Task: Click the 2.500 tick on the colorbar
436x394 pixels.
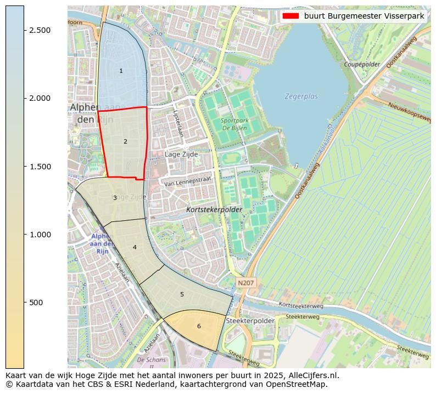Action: [x=41, y=30]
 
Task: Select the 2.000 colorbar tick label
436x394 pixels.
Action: [x=41, y=98]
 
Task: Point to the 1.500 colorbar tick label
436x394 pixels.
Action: [x=41, y=167]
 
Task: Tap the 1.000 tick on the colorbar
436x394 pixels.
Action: [x=41, y=235]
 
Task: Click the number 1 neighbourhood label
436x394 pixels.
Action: [x=121, y=71]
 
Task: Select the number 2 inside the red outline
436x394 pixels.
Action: [x=125, y=141]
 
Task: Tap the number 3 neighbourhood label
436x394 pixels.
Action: [x=115, y=198]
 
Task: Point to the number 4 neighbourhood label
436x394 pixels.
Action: [x=135, y=248]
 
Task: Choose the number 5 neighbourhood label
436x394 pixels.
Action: [x=182, y=294]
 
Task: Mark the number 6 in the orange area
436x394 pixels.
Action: [x=199, y=327]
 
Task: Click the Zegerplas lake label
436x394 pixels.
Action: [x=301, y=96]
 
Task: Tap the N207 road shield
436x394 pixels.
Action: [x=245, y=282]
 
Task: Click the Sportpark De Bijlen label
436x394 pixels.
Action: [x=234, y=124]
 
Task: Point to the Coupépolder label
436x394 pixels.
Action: [x=361, y=64]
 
